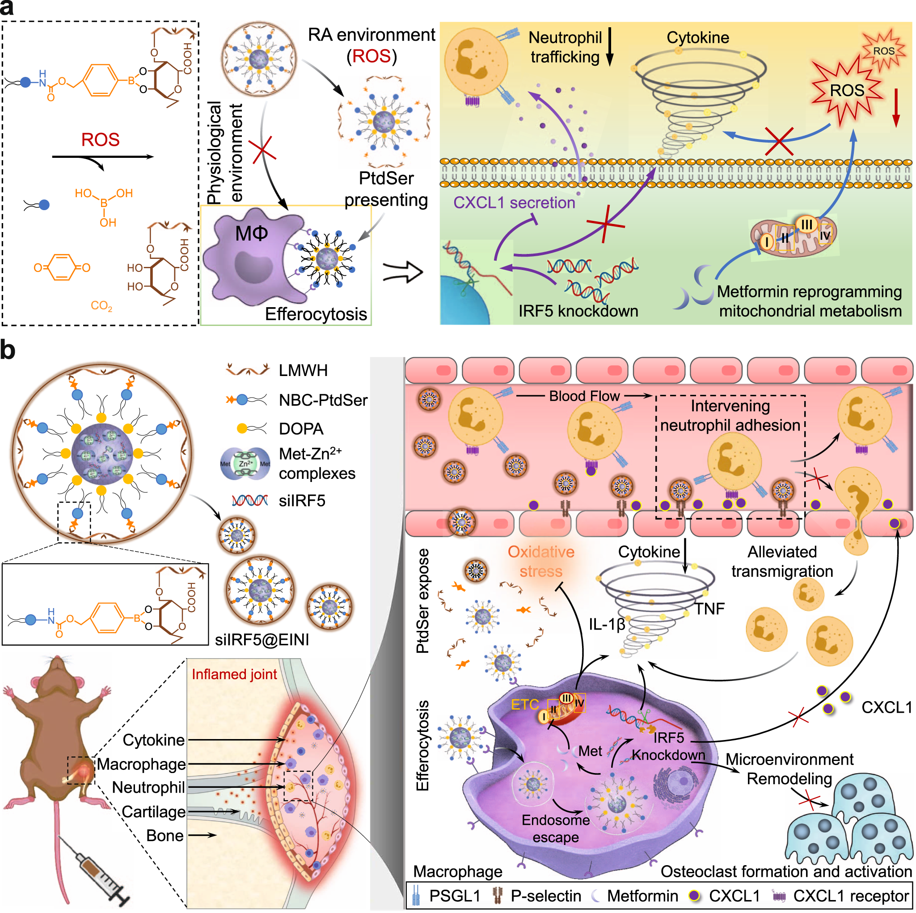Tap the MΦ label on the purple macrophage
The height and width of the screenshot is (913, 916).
click(252, 233)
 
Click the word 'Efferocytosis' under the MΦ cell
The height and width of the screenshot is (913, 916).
click(316, 314)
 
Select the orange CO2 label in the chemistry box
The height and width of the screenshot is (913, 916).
click(101, 305)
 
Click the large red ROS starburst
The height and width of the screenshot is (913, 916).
click(847, 91)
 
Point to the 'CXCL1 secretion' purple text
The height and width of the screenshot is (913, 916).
click(514, 203)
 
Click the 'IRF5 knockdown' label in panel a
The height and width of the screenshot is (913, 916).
click(578, 311)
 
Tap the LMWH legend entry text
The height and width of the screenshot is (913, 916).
click(303, 370)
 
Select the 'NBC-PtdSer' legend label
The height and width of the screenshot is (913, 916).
click(323, 400)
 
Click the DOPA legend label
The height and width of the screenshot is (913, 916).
click(301, 429)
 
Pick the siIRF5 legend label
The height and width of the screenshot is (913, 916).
click(302, 501)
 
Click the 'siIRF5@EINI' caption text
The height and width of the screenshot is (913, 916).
click(262, 640)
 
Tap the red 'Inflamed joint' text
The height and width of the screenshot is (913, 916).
click(234, 674)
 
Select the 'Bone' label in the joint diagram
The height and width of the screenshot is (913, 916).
click(165, 836)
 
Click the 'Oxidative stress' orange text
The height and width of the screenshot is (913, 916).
click(541, 562)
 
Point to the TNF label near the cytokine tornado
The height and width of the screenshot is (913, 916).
click(709, 609)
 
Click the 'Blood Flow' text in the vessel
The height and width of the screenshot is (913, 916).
click(584, 396)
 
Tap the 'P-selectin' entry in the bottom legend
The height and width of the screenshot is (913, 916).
click(546, 896)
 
